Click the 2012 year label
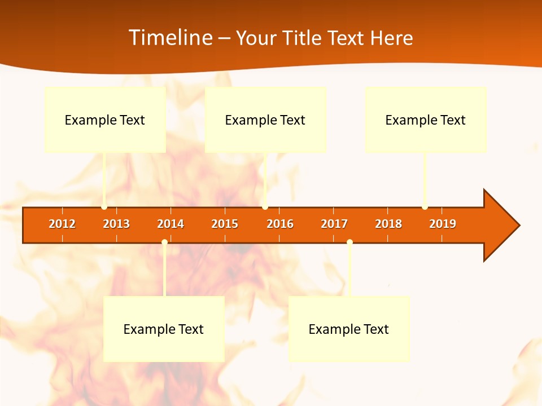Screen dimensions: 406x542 pyautogui.click(x=62, y=224)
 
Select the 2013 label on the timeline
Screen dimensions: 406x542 pyautogui.click(x=116, y=224)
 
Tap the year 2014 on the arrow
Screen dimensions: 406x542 pyautogui.click(x=171, y=224)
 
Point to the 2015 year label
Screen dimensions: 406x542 pyautogui.click(x=225, y=224)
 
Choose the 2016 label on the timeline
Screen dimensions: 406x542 pyautogui.click(x=280, y=224)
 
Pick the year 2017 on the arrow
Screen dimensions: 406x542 pyautogui.click(x=334, y=224)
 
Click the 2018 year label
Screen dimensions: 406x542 pyautogui.click(x=388, y=224)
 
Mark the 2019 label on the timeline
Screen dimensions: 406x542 pyautogui.click(x=443, y=224)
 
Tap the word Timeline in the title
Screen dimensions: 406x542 pyautogui.click(x=169, y=38)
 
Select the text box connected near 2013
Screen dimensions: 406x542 pyautogui.click(x=105, y=120)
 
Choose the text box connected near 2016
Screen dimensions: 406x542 pyautogui.click(x=265, y=120)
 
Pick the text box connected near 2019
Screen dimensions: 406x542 pyautogui.click(x=426, y=120)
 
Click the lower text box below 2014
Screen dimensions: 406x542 pyautogui.click(x=164, y=329)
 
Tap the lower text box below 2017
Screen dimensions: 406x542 pyautogui.click(x=349, y=329)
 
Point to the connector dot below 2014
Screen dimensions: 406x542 pyautogui.click(x=164, y=242)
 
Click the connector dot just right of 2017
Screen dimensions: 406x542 pyautogui.click(x=349, y=242)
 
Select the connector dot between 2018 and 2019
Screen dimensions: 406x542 pyautogui.click(x=425, y=207)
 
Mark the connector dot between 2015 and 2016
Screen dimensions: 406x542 pyautogui.click(x=265, y=207)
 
